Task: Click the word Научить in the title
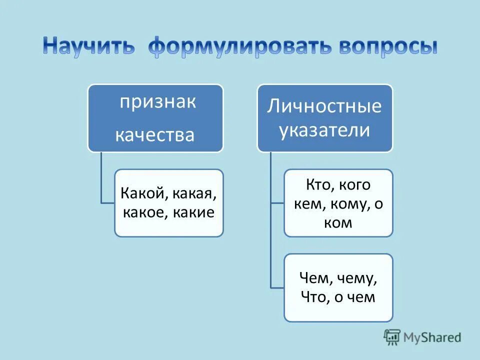coord(88,46)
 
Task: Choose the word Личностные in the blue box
coord(324,106)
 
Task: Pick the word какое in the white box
coord(145,212)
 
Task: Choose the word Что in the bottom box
coord(314,297)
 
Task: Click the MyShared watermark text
coord(433,337)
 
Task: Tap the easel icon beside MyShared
coord(392,337)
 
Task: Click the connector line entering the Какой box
coord(107,202)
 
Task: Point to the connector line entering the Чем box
coord(277,287)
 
